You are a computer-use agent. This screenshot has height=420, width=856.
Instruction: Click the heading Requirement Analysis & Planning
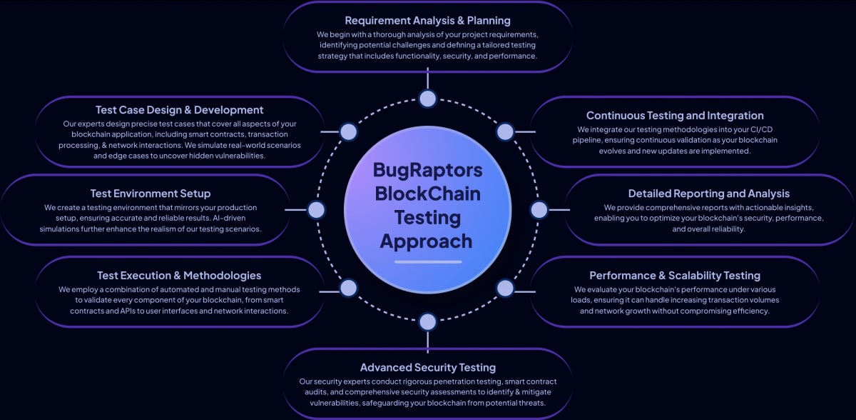point(427,20)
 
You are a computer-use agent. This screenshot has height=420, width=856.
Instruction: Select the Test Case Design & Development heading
point(180,109)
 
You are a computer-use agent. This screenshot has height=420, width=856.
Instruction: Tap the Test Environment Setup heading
point(151,193)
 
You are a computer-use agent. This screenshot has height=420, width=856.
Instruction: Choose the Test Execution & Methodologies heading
point(179,275)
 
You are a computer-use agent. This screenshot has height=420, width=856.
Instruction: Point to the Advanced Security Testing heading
point(427,367)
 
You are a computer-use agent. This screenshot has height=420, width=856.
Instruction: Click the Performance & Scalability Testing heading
point(675,275)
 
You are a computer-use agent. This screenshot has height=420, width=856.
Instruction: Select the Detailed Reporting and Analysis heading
point(709,193)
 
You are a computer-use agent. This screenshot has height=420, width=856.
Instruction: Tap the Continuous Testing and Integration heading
point(675,115)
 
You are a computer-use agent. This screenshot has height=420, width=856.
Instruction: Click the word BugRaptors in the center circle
point(427,170)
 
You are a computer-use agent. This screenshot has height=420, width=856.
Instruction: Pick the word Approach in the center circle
point(426,241)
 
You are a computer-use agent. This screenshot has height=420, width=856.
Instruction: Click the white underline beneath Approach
point(427,261)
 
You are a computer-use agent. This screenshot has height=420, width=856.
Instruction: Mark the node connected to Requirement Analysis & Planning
point(427,99)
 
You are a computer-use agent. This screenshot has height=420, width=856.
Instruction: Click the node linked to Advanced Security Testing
point(427,321)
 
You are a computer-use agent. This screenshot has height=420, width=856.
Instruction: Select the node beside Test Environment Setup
point(316,209)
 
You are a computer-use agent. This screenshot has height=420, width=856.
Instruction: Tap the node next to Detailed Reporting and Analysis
point(539,209)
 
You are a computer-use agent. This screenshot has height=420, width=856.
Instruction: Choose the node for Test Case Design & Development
point(348,131)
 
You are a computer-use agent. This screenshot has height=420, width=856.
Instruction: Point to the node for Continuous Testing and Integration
point(505,131)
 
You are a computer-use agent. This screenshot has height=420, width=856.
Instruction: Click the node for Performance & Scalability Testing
point(505,288)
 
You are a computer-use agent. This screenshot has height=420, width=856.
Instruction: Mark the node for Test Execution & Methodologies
point(348,288)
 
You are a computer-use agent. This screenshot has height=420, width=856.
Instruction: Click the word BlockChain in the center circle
point(427,194)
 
